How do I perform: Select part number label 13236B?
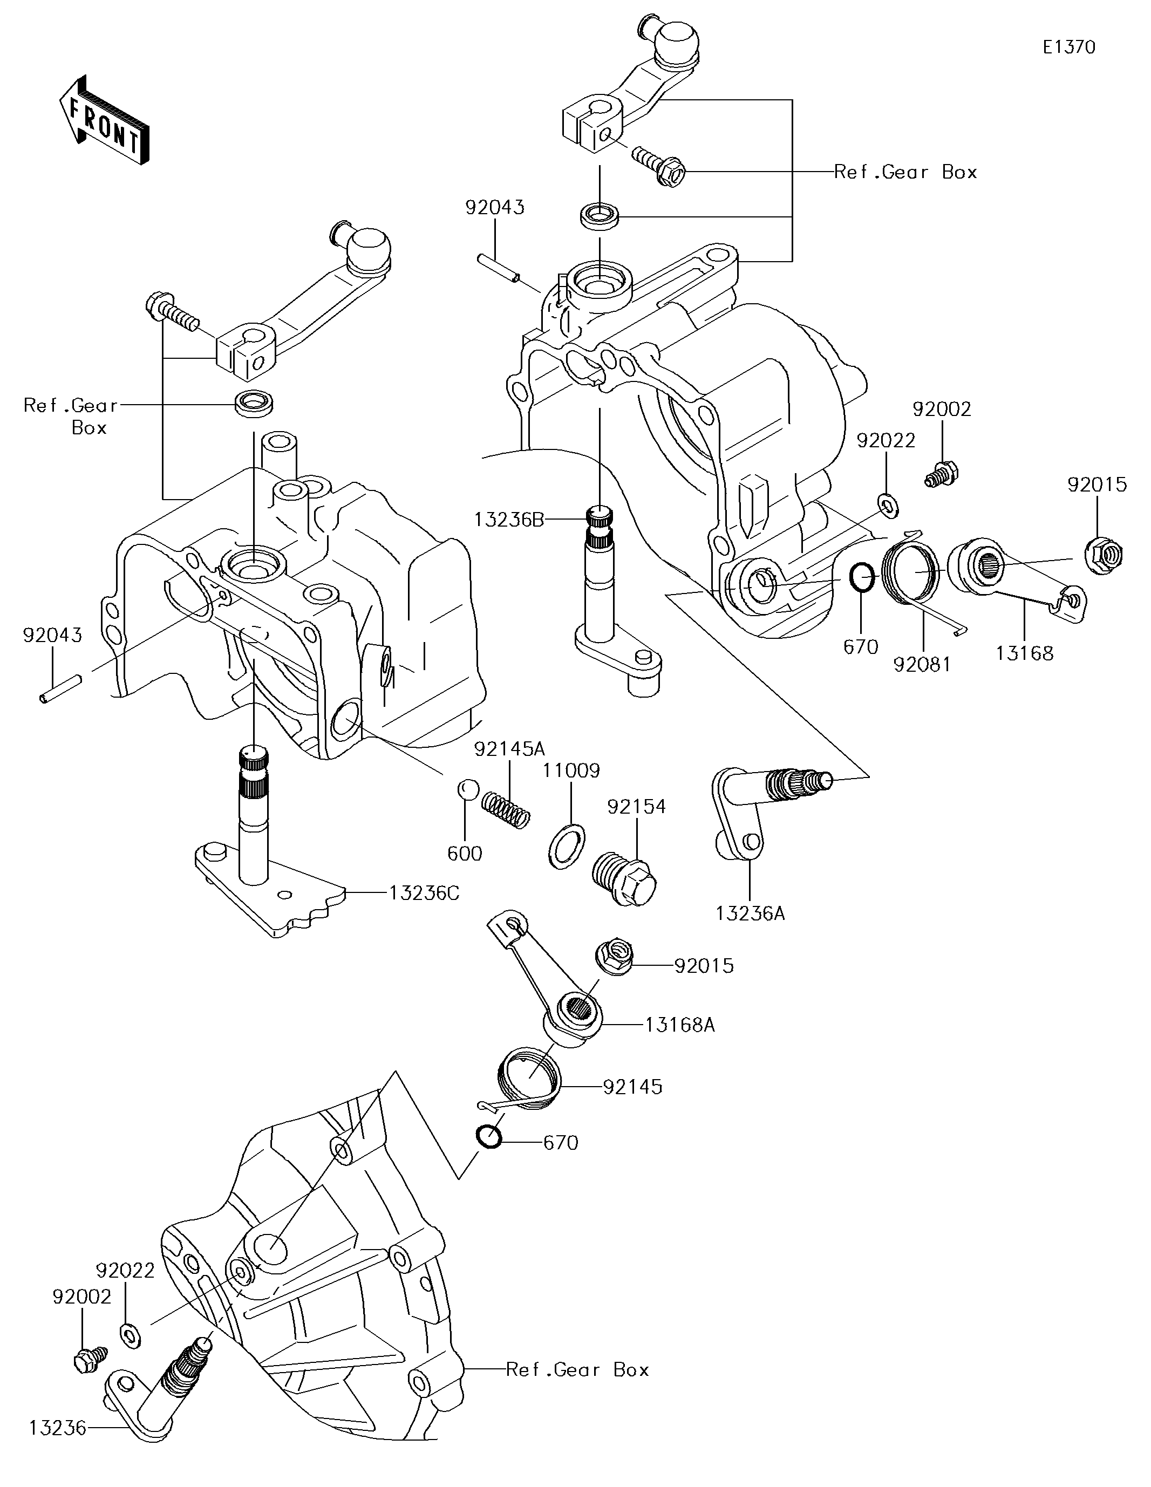coord(509,520)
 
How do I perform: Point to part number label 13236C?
coord(424,892)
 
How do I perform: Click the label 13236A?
coord(750,913)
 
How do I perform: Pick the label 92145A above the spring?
coord(509,749)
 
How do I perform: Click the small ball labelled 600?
coord(465,790)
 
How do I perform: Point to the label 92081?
coord(922,665)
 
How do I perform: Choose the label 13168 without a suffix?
coord(1024,653)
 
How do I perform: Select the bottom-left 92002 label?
coord(81,1297)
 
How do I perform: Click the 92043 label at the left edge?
coord(52,635)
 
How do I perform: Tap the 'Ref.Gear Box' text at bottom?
coord(577,1369)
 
